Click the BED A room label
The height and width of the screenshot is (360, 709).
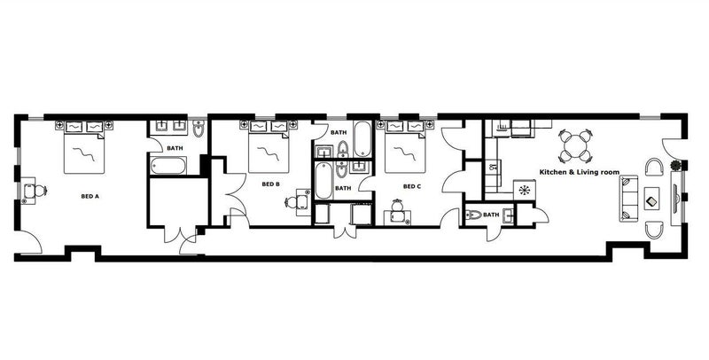(90, 196)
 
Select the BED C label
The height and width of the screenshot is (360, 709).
(412, 186)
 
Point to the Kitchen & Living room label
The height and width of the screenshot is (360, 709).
(580, 172)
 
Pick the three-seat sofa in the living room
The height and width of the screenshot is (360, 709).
(628, 198)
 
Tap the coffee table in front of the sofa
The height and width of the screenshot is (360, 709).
(651, 198)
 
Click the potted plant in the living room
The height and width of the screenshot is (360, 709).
(675, 165)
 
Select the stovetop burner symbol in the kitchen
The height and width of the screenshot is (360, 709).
(525, 190)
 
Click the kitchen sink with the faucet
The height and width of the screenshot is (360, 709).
(492, 167)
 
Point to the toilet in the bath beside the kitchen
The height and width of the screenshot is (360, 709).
(473, 215)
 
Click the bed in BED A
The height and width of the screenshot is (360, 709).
(84, 147)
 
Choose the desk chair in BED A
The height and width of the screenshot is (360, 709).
(40, 191)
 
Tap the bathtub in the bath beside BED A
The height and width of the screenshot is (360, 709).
(168, 166)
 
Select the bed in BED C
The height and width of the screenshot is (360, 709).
(405, 146)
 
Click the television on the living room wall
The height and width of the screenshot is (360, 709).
(677, 198)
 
